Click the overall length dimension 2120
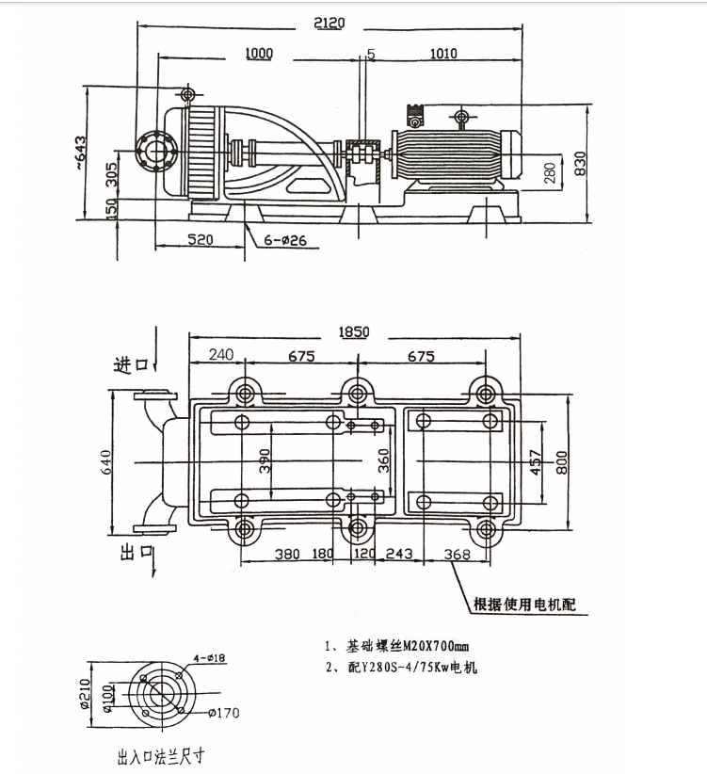coord(329,23)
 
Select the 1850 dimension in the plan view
coord(354,331)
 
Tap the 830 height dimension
coord(581,164)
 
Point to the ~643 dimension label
coord(79,153)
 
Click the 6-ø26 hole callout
coord(285,240)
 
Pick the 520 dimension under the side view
coord(201,239)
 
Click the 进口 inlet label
coord(131,365)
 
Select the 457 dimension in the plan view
coord(537,462)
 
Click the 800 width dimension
coord(562,462)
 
